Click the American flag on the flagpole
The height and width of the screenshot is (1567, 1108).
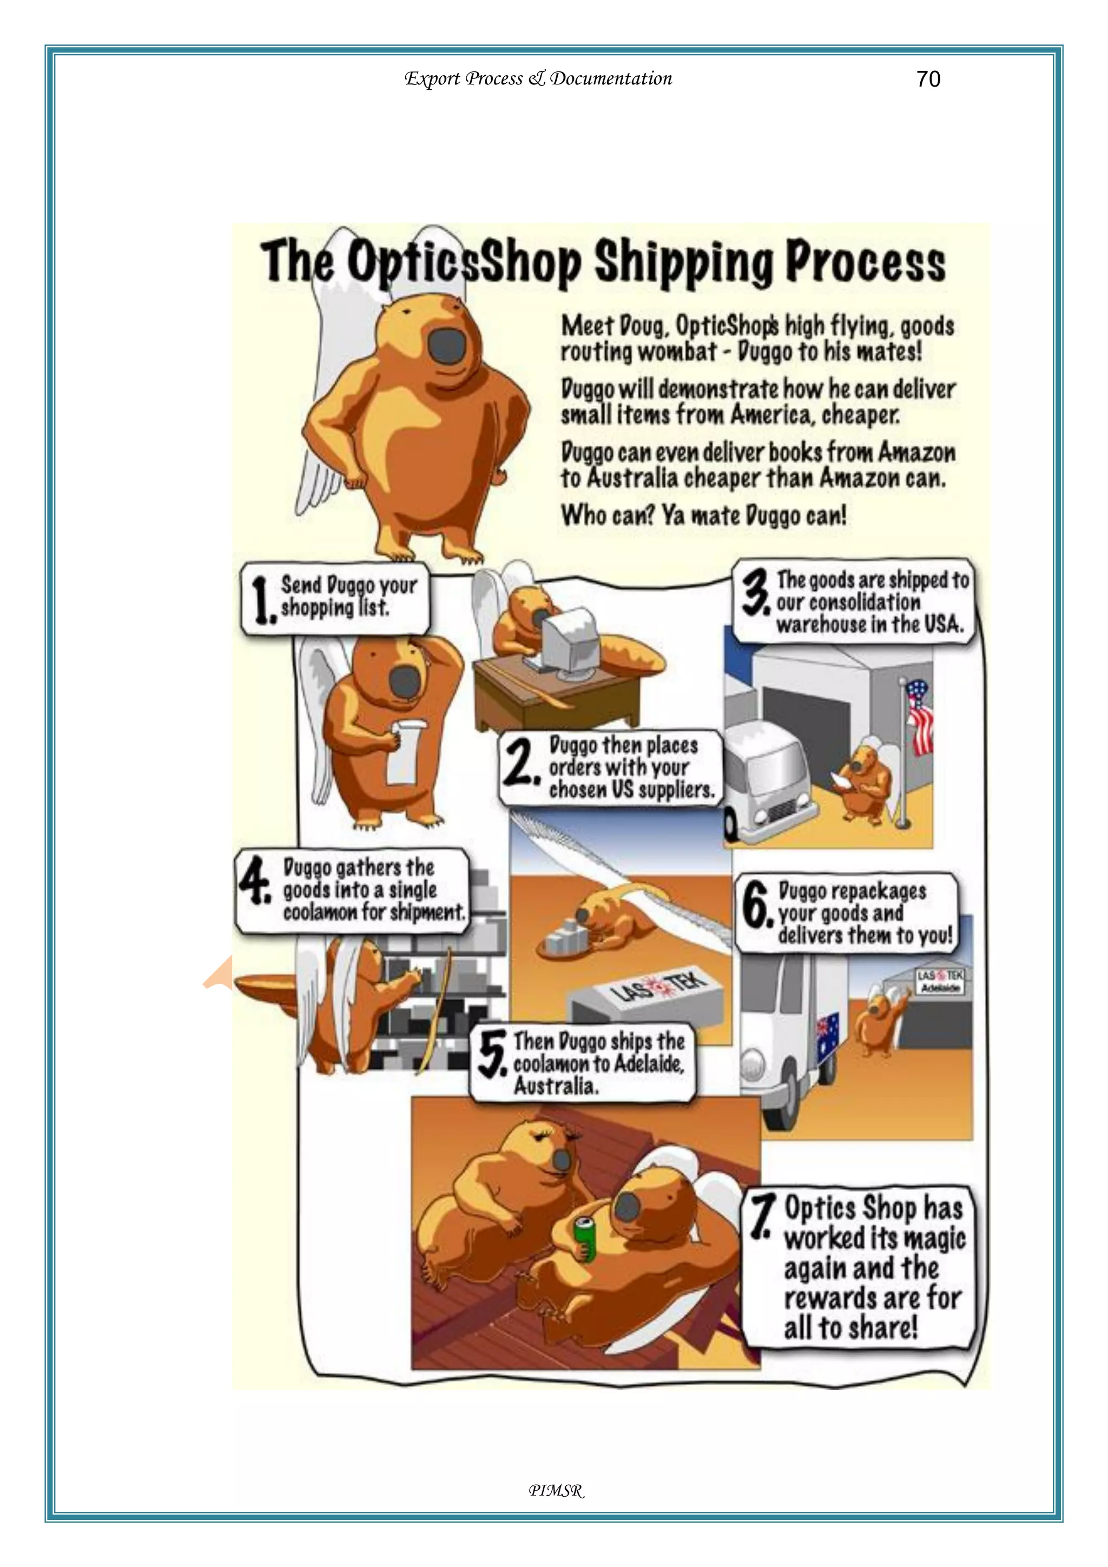click(x=921, y=717)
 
